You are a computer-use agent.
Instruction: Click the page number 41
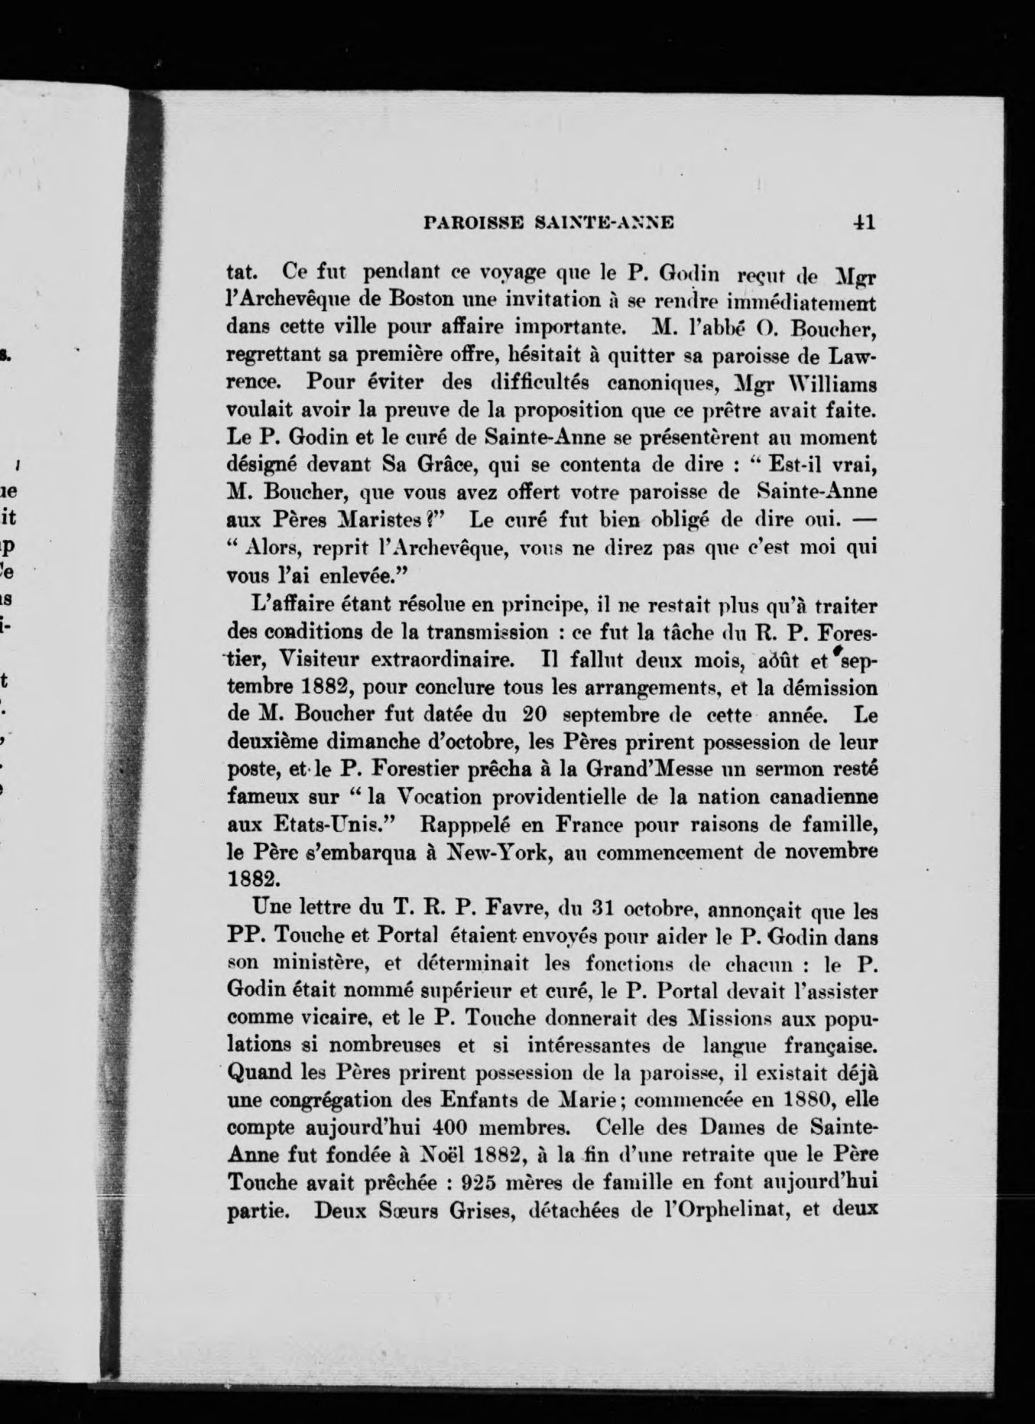(864, 223)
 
